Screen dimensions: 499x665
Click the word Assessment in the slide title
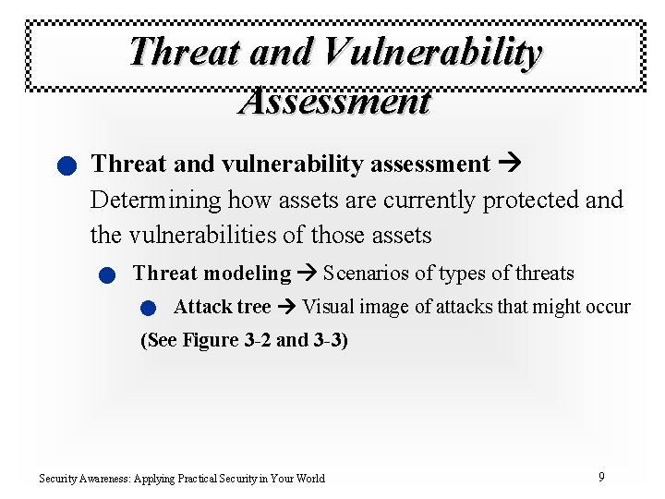point(334,100)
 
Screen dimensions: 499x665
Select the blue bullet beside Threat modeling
point(107,275)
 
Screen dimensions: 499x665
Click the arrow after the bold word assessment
point(509,164)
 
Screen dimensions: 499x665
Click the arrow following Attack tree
point(286,307)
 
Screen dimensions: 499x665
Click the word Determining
point(156,200)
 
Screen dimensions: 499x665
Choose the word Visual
point(326,307)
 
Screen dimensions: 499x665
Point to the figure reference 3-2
point(258,340)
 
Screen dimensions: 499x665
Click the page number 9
point(601,477)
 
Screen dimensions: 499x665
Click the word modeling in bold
point(247,274)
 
